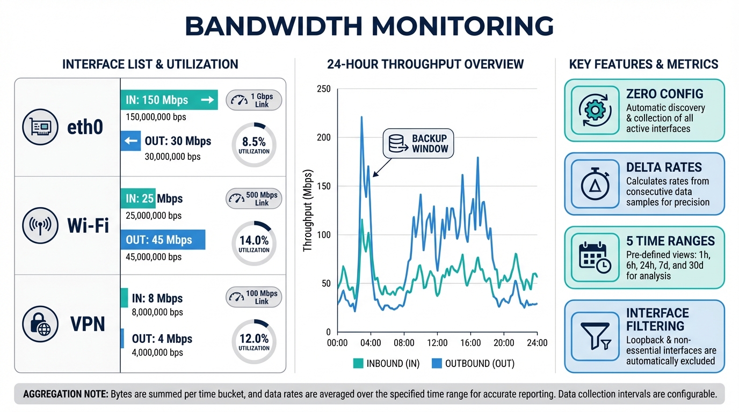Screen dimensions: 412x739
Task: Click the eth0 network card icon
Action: [40, 128]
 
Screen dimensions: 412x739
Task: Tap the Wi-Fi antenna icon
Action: [40, 226]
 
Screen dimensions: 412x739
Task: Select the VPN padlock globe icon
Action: [40, 324]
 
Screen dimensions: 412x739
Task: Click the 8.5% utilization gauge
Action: [254, 144]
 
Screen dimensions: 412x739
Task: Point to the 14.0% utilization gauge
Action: [254, 243]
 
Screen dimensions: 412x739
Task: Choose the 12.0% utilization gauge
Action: [254, 341]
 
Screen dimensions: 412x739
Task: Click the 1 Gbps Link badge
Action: [254, 100]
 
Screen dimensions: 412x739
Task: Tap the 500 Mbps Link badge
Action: [254, 198]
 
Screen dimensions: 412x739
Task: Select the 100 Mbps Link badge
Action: [254, 297]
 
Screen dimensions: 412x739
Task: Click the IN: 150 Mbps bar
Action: [168, 100]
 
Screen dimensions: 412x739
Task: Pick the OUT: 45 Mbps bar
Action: [163, 240]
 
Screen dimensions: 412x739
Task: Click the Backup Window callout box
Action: [418, 143]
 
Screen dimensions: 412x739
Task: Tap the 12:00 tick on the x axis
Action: [437, 343]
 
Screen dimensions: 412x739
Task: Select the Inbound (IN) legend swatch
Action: [358, 364]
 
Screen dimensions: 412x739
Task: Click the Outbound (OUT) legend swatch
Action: [437, 364]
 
